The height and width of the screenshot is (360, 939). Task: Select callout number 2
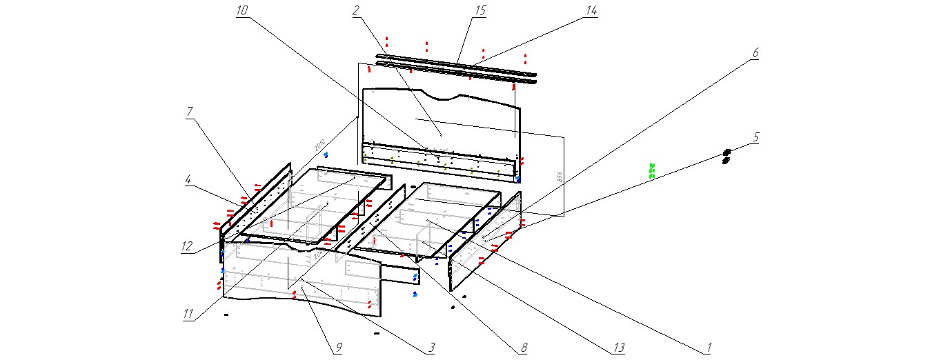click(x=356, y=10)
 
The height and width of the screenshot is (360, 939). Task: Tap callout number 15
click(x=480, y=10)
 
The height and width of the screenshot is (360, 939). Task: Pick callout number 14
click(x=591, y=10)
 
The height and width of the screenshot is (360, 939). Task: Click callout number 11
click(x=188, y=314)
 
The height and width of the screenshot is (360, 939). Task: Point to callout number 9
click(x=337, y=348)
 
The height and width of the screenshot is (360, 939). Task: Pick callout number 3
click(x=431, y=348)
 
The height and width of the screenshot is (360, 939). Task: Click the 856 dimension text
click(x=559, y=177)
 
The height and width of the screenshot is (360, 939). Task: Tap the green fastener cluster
click(x=651, y=170)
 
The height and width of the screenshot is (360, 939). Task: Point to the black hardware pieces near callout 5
click(x=726, y=157)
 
